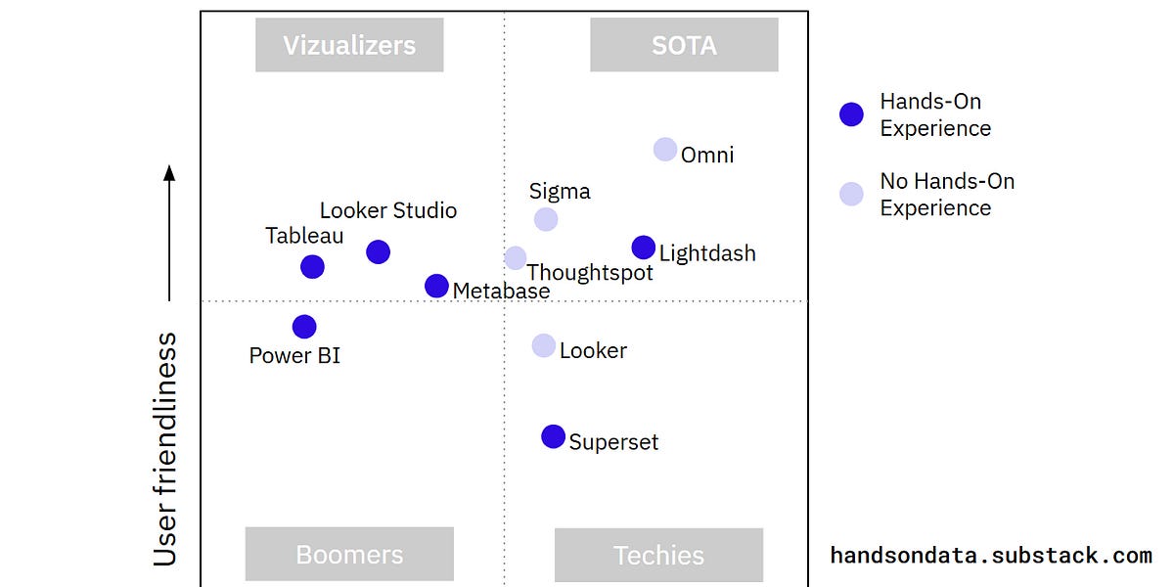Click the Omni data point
click(x=665, y=150)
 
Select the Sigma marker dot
click(x=546, y=219)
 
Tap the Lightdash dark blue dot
click(x=643, y=248)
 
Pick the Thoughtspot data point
click(x=516, y=258)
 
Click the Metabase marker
click(x=436, y=286)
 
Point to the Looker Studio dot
click(x=379, y=252)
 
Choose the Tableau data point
click(x=312, y=266)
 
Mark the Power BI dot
click(x=304, y=327)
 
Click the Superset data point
click(x=553, y=436)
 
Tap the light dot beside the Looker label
click(x=544, y=345)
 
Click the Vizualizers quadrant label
click(x=349, y=45)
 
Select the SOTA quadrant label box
click(x=684, y=45)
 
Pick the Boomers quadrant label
click(x=349, y=555)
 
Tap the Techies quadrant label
click(x=658, y=555)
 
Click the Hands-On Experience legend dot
click(x=851, y=114)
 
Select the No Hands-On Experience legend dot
click(x=851, y=194)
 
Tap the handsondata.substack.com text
click(x=991, y=556)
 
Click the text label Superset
click(x=613, y=441)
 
